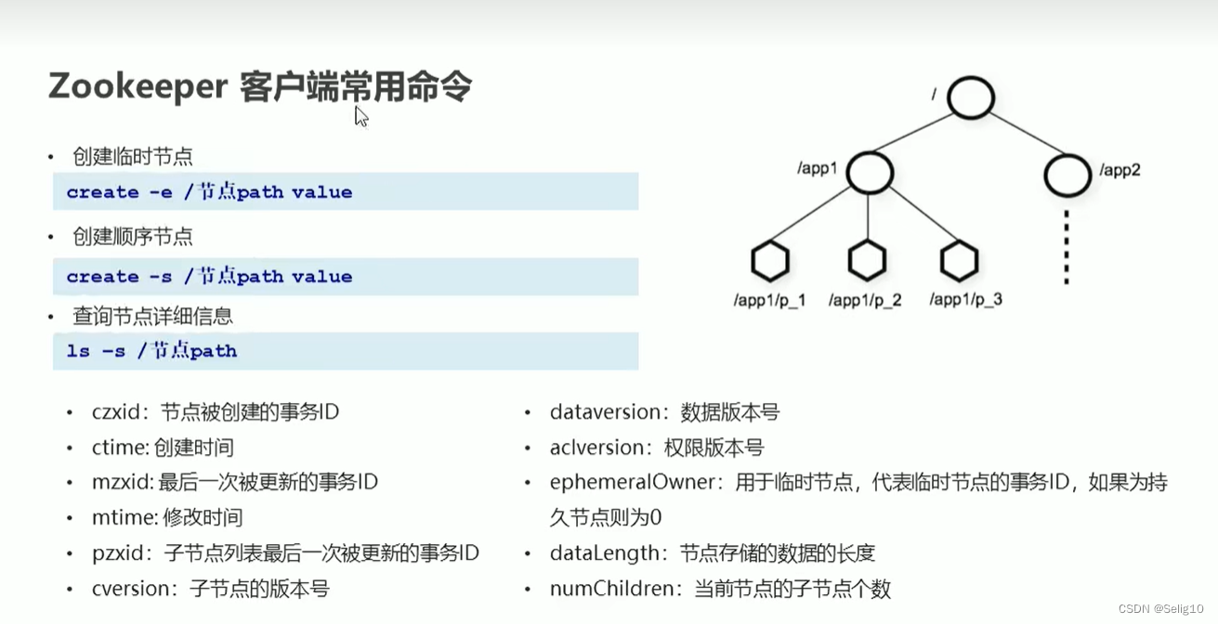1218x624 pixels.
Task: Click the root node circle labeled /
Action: (971, 97)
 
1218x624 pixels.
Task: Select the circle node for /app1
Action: (870, 173)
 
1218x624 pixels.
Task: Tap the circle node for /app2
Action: (1067, 174)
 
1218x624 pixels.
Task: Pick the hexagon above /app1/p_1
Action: (770, 262)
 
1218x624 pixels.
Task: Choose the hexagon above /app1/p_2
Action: (867, 262)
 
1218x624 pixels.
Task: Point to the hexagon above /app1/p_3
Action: (960, 262)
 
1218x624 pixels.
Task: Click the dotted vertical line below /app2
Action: (1067, 247)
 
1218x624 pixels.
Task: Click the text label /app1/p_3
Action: (966, 300)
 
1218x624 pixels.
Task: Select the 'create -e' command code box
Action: (346, 192)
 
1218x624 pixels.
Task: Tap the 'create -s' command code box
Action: (346, 277)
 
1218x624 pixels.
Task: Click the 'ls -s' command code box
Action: (346, 351)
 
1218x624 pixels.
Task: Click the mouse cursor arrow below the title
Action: (360, 115)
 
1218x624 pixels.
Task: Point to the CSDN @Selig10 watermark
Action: (1160, 608)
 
